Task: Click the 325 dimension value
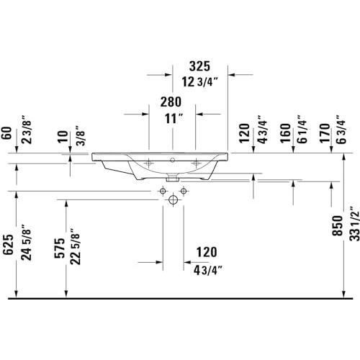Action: (x=199, y=66)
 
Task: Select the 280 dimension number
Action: (x=171, y=102)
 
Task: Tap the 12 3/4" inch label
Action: (x=199, y=82)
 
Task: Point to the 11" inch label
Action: (x=174, y=119)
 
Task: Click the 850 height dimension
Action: (x=338, y=225)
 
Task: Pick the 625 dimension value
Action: (x=8, y=244)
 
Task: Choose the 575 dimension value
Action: (x=60, y=248)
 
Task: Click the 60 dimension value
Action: (x=6, y=132)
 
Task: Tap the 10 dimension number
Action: (x=63, y=137)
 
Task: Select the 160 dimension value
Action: (x=285, y=133)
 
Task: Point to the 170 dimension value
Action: (x=325, y=133)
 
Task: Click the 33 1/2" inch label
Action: (x=354, y=223)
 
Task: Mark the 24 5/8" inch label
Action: (x=26, y=243)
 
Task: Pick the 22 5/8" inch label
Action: (x=75, y=246)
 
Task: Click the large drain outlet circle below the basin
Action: (x=173, y=199)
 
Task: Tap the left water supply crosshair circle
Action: (x=163, y=191)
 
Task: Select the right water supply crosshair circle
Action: (x=184, y=191)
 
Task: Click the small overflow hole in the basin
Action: (x=172, y=160)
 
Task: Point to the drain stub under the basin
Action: (x=173, y=179)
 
